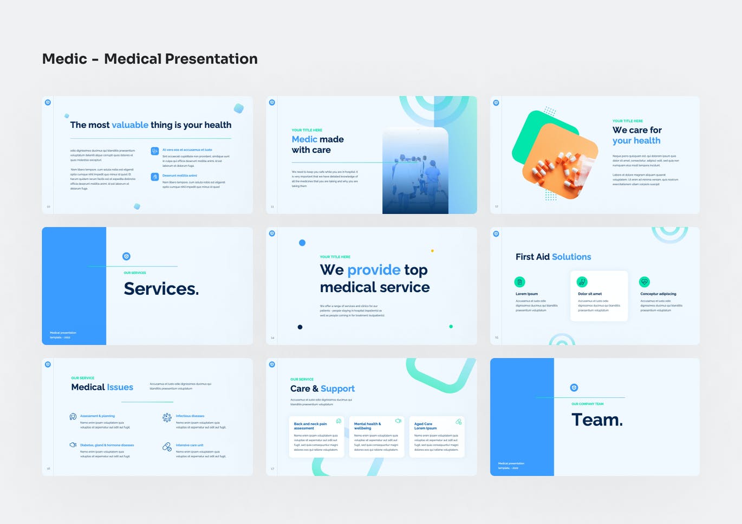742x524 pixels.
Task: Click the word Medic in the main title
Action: [x=64, y=59]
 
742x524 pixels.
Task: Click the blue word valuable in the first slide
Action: [x=130, y=125]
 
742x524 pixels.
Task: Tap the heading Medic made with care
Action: [x=317, y=145]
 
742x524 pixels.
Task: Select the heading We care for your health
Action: [x=637, y=135]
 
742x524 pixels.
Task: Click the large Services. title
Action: [x=161, y=289]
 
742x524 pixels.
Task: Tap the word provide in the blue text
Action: [x=374, y=270]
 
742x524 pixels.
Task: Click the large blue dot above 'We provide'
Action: [x=302, y=243]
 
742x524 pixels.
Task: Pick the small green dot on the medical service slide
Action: [x=451, y=326]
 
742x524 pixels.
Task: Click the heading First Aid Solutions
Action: [x=553, y=257]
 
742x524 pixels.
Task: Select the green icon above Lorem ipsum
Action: [x=520, y=282]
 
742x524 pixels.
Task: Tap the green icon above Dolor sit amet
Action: [x=582, y=282]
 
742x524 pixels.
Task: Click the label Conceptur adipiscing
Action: [x=658, y=294]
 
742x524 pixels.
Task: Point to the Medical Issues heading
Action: [x=102, y=387]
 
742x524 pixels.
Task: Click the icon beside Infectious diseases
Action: [x=167, y=417]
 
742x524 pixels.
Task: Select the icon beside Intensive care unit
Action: [x=167, y=447]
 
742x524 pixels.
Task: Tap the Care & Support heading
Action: [x=322, y=389]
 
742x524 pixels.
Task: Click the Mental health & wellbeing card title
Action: [x=367, y=426]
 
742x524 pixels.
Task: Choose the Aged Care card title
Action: [x=425, y=426]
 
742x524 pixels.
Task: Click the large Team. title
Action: [x=597, y=420]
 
